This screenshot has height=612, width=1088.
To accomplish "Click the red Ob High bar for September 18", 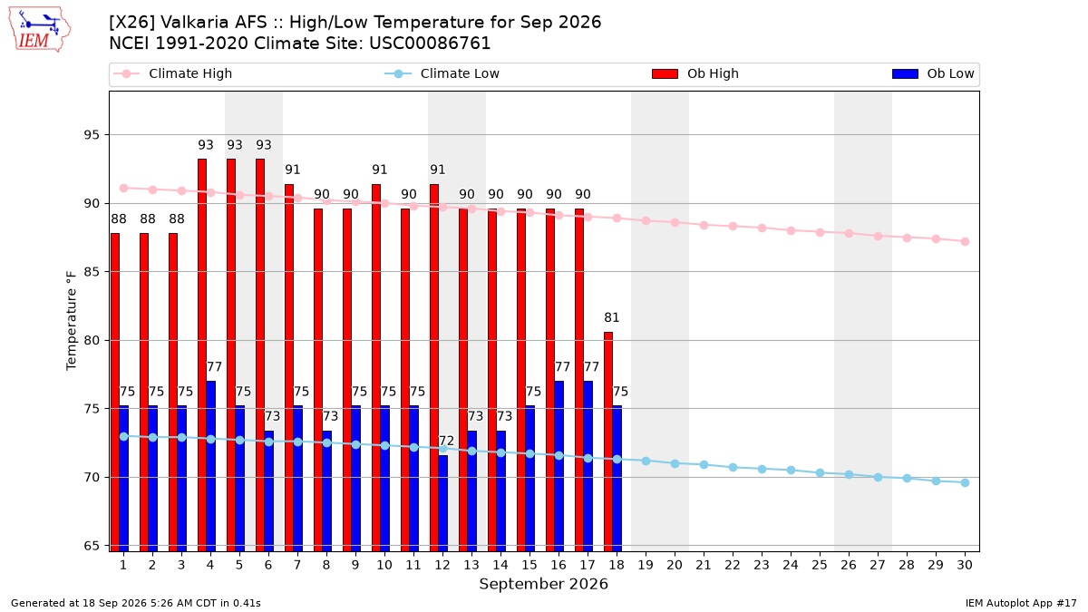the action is [608, 442].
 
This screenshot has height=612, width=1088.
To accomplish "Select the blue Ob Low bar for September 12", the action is [443, 503].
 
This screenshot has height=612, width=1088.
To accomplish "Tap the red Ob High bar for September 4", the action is [202, 355].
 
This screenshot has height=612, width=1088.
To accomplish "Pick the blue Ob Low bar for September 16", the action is [559, 466].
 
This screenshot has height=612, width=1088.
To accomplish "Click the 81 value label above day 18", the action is [612, 317].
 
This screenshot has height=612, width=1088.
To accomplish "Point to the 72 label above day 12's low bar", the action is [446, 441].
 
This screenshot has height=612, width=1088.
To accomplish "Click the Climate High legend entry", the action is [172, 73].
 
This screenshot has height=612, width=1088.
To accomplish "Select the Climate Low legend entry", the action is [442, 73].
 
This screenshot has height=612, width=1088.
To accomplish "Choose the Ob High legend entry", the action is [695, 73].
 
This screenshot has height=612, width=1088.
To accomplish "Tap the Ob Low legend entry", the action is [933, 73].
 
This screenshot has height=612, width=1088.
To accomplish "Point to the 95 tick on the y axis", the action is [92, 134].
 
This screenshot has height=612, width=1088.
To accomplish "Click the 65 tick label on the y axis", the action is [92, 546].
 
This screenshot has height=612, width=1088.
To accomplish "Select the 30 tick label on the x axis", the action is [965, 565].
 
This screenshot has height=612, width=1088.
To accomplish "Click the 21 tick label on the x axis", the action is [704, 565].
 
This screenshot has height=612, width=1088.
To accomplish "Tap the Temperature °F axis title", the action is [72, 321].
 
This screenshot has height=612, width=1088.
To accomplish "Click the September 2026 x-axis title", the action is [543, 584].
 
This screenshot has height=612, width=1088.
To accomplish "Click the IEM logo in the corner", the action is [39, 30].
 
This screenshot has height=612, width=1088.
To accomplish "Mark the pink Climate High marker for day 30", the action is [965, 241].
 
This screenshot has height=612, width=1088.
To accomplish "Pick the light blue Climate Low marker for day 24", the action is [791, 471].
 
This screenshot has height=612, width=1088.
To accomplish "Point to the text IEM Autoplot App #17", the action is [1021, 603].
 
